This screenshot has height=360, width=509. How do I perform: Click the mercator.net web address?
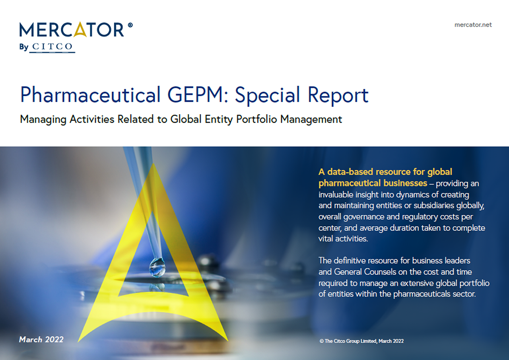473,25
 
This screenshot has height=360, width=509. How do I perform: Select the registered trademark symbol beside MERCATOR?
130,25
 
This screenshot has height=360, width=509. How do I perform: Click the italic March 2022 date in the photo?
41,339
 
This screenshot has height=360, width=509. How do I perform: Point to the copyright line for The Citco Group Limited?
361,341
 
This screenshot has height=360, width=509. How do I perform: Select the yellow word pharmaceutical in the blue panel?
350,183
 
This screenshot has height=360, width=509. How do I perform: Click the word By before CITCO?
23,47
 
